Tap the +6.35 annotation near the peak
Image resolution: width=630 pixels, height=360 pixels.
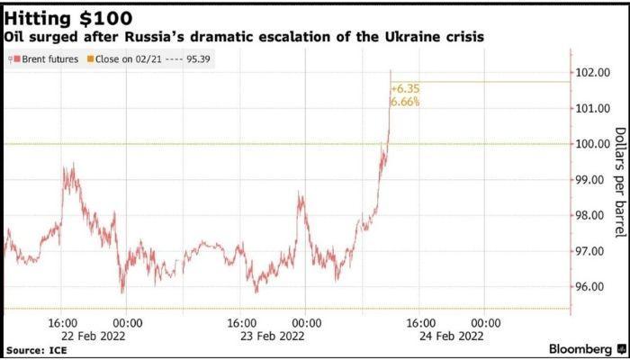[x=405, y=89]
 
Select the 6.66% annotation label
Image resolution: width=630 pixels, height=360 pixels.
[x=405, y=103]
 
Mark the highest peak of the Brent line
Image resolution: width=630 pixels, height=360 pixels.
[x=391, y=70]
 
